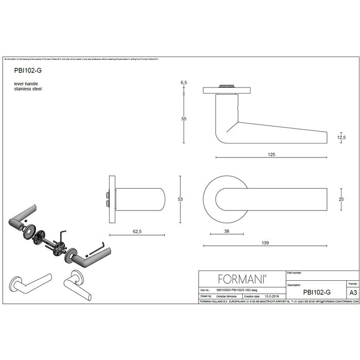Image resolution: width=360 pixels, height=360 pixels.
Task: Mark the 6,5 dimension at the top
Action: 183,82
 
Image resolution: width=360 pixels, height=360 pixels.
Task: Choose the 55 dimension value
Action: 183,119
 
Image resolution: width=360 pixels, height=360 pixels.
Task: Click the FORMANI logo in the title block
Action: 242,279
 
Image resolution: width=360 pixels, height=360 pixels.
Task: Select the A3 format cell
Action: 353,292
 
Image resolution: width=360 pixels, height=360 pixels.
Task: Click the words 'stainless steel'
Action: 28,89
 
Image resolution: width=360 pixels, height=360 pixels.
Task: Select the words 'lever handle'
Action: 26,83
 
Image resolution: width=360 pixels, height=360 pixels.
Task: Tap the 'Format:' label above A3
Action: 353,283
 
